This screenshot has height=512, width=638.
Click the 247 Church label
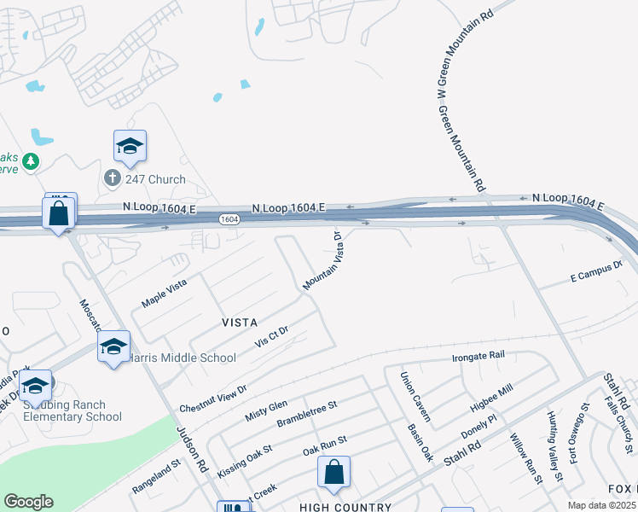coord(155,179)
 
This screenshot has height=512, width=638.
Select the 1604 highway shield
coord(228,219)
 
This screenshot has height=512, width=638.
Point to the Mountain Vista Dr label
coord(322,261)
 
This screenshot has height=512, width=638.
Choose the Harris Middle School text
coord(182,358)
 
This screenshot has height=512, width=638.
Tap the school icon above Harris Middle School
coord(113,346)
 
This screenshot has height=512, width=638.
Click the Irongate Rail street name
coord(478,356)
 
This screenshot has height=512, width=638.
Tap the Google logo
coord(28,502)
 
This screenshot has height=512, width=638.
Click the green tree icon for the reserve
coord(32,160)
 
